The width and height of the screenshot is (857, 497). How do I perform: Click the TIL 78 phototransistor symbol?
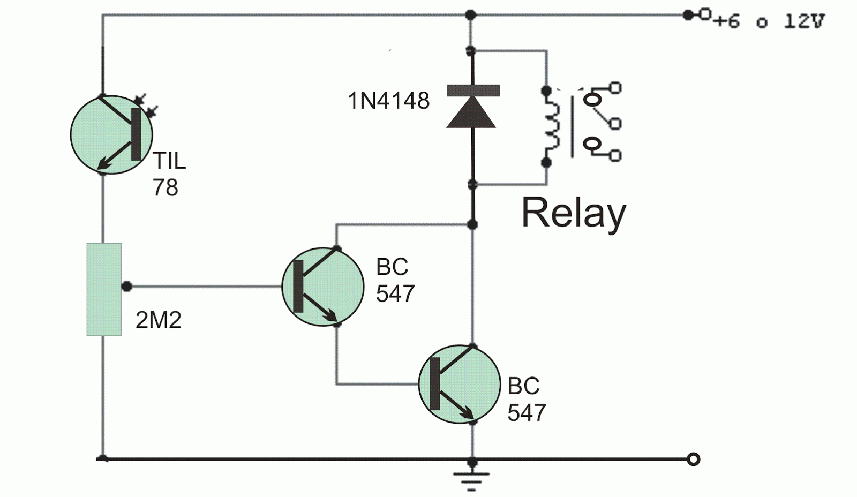tap(111, 134)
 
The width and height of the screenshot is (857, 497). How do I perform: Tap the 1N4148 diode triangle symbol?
tap(471, 112)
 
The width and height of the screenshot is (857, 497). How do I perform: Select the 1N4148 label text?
tap(389, 101)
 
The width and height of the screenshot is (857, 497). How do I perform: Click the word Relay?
tap(573, 213)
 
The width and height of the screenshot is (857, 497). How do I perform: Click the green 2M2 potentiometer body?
tap(104, 289)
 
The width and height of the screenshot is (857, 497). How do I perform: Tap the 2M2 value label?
tap(159, 320)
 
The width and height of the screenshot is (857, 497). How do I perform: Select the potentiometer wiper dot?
tap(127, 287)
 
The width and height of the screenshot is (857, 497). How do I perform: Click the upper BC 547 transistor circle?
tap(322, 287)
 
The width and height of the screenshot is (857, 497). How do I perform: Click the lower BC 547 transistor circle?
tap(459, 384)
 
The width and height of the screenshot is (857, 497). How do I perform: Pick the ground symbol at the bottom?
tap(471, 481)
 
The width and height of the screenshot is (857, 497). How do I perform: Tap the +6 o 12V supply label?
tap(769, 21)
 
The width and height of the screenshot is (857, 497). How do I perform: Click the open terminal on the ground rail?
tap(694, 459)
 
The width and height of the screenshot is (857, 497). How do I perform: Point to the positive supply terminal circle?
tap(705, 14)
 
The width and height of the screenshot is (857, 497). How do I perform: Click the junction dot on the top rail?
tap(470, 14)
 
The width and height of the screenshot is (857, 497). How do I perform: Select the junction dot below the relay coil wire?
tap(472, 224)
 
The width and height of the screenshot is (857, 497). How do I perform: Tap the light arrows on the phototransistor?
tap(146, 105)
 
